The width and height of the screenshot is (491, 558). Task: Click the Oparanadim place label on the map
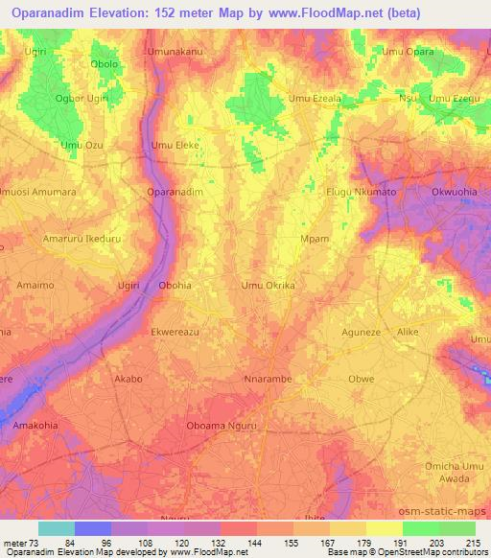[x=175, y=192]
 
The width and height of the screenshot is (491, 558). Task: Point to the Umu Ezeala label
[x=315, y=99]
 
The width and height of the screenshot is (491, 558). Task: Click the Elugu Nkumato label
[x=362, y=192]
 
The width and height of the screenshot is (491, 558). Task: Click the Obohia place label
[x=175, y=286]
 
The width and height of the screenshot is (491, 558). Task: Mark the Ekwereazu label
[x=175, y=333]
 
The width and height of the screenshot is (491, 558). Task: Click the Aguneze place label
[x=362, y=333]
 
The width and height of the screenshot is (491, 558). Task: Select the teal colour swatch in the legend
[x=56, y=528]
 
